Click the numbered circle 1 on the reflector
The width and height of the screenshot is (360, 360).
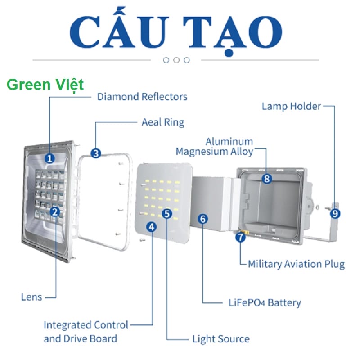[x=49, y=158]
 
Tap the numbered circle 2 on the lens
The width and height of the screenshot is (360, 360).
[x=54, y=211]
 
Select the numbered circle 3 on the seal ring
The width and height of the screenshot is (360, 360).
[x=95, y=153]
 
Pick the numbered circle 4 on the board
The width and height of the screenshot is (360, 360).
[x=152, y=227]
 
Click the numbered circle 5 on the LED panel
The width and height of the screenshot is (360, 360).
[x=167, y=213]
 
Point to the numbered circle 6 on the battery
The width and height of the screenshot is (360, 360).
[x=203, y=219]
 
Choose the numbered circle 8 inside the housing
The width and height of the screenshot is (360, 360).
[x=267, y=179]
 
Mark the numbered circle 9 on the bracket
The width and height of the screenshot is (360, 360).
[x=334, y=213]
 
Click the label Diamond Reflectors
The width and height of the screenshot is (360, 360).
[x=142, y=96]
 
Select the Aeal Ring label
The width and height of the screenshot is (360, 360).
[x=163, y=122]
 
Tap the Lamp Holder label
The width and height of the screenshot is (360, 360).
[x=292, y=106]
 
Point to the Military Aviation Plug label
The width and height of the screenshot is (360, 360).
[x=297, y=264]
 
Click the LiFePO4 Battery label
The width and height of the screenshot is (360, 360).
[x=264, y=302]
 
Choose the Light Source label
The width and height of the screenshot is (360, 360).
[x=220, y=338]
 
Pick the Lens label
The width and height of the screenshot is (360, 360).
[x=31, y=297]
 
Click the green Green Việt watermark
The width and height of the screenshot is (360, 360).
[x=45, y=85]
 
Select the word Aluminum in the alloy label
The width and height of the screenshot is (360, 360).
[x=229, y=141]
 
